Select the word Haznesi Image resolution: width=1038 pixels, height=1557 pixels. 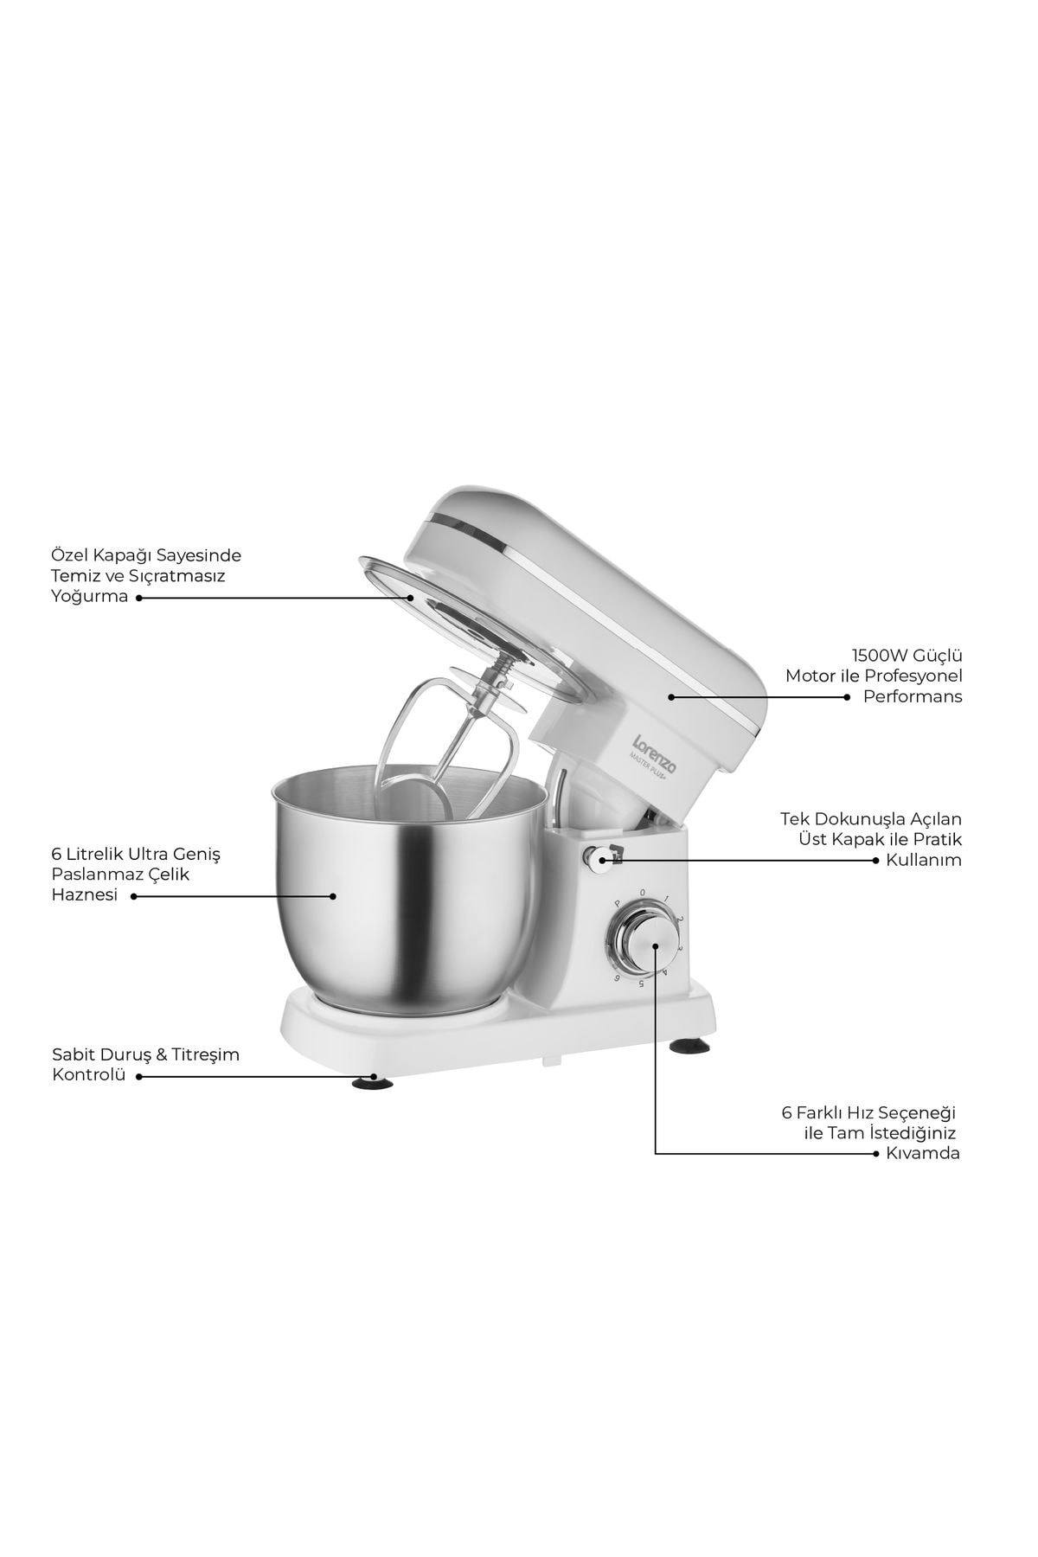85,895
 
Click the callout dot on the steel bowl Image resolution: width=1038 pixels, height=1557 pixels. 333,896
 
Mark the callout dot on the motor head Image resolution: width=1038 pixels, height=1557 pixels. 670,695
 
